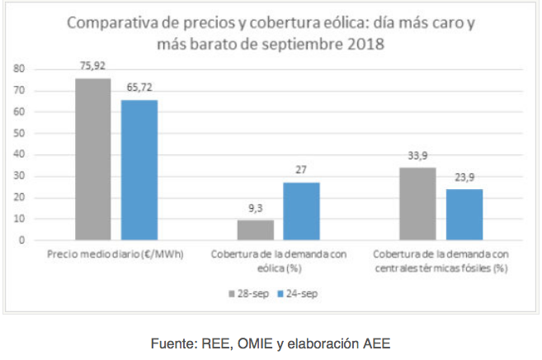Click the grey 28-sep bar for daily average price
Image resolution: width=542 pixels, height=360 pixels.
(92, 159)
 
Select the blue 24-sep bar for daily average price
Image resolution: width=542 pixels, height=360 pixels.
(139, 169)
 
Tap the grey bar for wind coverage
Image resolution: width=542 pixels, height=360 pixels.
(255, 230)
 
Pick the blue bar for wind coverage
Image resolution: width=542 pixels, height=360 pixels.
(301, 211)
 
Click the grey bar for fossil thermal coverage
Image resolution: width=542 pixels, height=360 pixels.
(417, 203)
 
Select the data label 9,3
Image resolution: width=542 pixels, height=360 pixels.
(255, 210)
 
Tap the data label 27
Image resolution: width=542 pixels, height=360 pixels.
(301, 171)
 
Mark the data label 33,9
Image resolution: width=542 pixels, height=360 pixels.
(417, 156)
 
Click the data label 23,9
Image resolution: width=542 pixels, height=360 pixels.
(464, 178)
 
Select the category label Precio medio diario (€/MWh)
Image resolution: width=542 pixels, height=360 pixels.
(115, 254)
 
